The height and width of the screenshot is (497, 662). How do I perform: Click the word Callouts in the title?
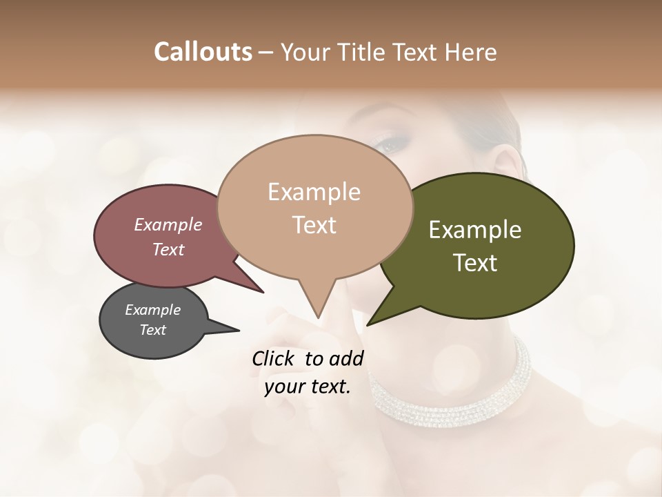pos(203,52)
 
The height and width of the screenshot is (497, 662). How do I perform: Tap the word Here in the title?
pos(471,52)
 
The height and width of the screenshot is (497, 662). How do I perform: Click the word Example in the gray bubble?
pos(153,310)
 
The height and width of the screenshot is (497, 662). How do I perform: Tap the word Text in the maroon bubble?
pos(168,249)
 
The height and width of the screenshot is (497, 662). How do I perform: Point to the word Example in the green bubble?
pos(475,230)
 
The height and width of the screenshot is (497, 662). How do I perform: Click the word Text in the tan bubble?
pos(314,225)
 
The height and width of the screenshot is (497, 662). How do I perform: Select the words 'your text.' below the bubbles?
pos(308,387)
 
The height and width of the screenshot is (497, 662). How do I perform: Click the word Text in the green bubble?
pos(476,263)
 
